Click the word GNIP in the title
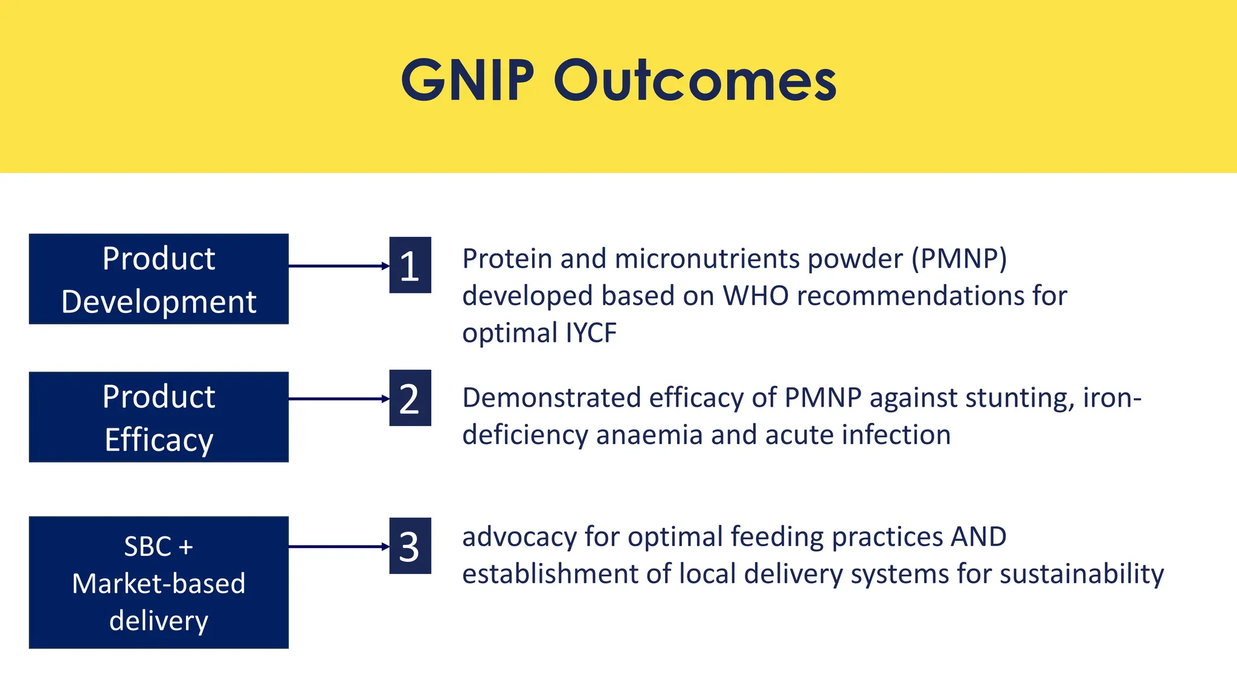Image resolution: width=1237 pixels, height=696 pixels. click(x=467, y=80)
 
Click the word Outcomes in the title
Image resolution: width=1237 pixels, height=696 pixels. click(x=695, y=80)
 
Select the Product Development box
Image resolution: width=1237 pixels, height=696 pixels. click(x=158, y=279)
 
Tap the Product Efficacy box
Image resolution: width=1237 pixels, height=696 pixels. click(x=158, y=417)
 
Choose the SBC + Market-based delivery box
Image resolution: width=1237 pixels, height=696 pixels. click(x=158, y=582)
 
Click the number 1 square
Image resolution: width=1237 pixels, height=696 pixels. click(x=410, y=265)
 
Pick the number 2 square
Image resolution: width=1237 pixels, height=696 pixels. click(x=410, y=398)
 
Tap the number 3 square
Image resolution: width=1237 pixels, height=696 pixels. click(x=410, y=546)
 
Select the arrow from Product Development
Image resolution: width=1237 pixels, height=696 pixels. click(x=338, y=266)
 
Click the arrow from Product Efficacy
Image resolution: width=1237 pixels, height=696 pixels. click(x=338, y=399)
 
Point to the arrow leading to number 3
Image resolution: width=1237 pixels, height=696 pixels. click(x=338, y=547)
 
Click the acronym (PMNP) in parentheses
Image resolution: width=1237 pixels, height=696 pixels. click(x=959, y=259)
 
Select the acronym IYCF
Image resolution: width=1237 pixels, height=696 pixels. click(x=591, y=333)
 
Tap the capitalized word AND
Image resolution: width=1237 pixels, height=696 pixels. click(x=978, y=537)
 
